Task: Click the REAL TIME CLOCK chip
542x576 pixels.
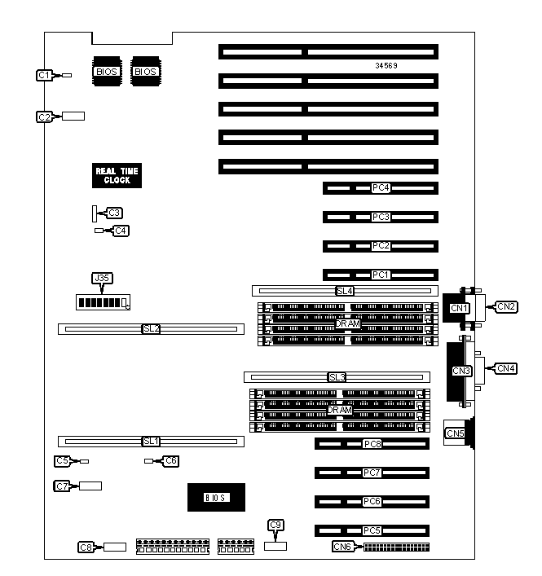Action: [x=117, y=175]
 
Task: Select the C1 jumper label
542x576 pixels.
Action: [x=46, y=75]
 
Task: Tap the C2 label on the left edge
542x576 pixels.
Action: [x=46, y=117]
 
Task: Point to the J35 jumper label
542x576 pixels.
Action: [x=102, y=279]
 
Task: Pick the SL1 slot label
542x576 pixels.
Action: [x=150, y=441]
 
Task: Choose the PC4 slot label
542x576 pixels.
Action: [x=381, y=188]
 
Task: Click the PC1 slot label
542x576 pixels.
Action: [x=381, y=275]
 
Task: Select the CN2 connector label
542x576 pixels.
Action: [x=507, y=306]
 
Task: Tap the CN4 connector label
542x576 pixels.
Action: [x=507, y=368]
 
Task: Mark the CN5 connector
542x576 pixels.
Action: [x=455, y=433]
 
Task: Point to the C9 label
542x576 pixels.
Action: [x=276, y=525]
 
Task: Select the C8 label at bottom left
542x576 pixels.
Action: [x=86, y=547]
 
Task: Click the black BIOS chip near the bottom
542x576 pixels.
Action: [x=216, y=497]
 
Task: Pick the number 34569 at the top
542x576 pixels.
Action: [x=387, y=64]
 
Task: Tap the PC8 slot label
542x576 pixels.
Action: [x=372, y=444]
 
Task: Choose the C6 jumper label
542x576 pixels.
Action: [x=170, y=460]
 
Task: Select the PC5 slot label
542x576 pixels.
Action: [x=372, y=530]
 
